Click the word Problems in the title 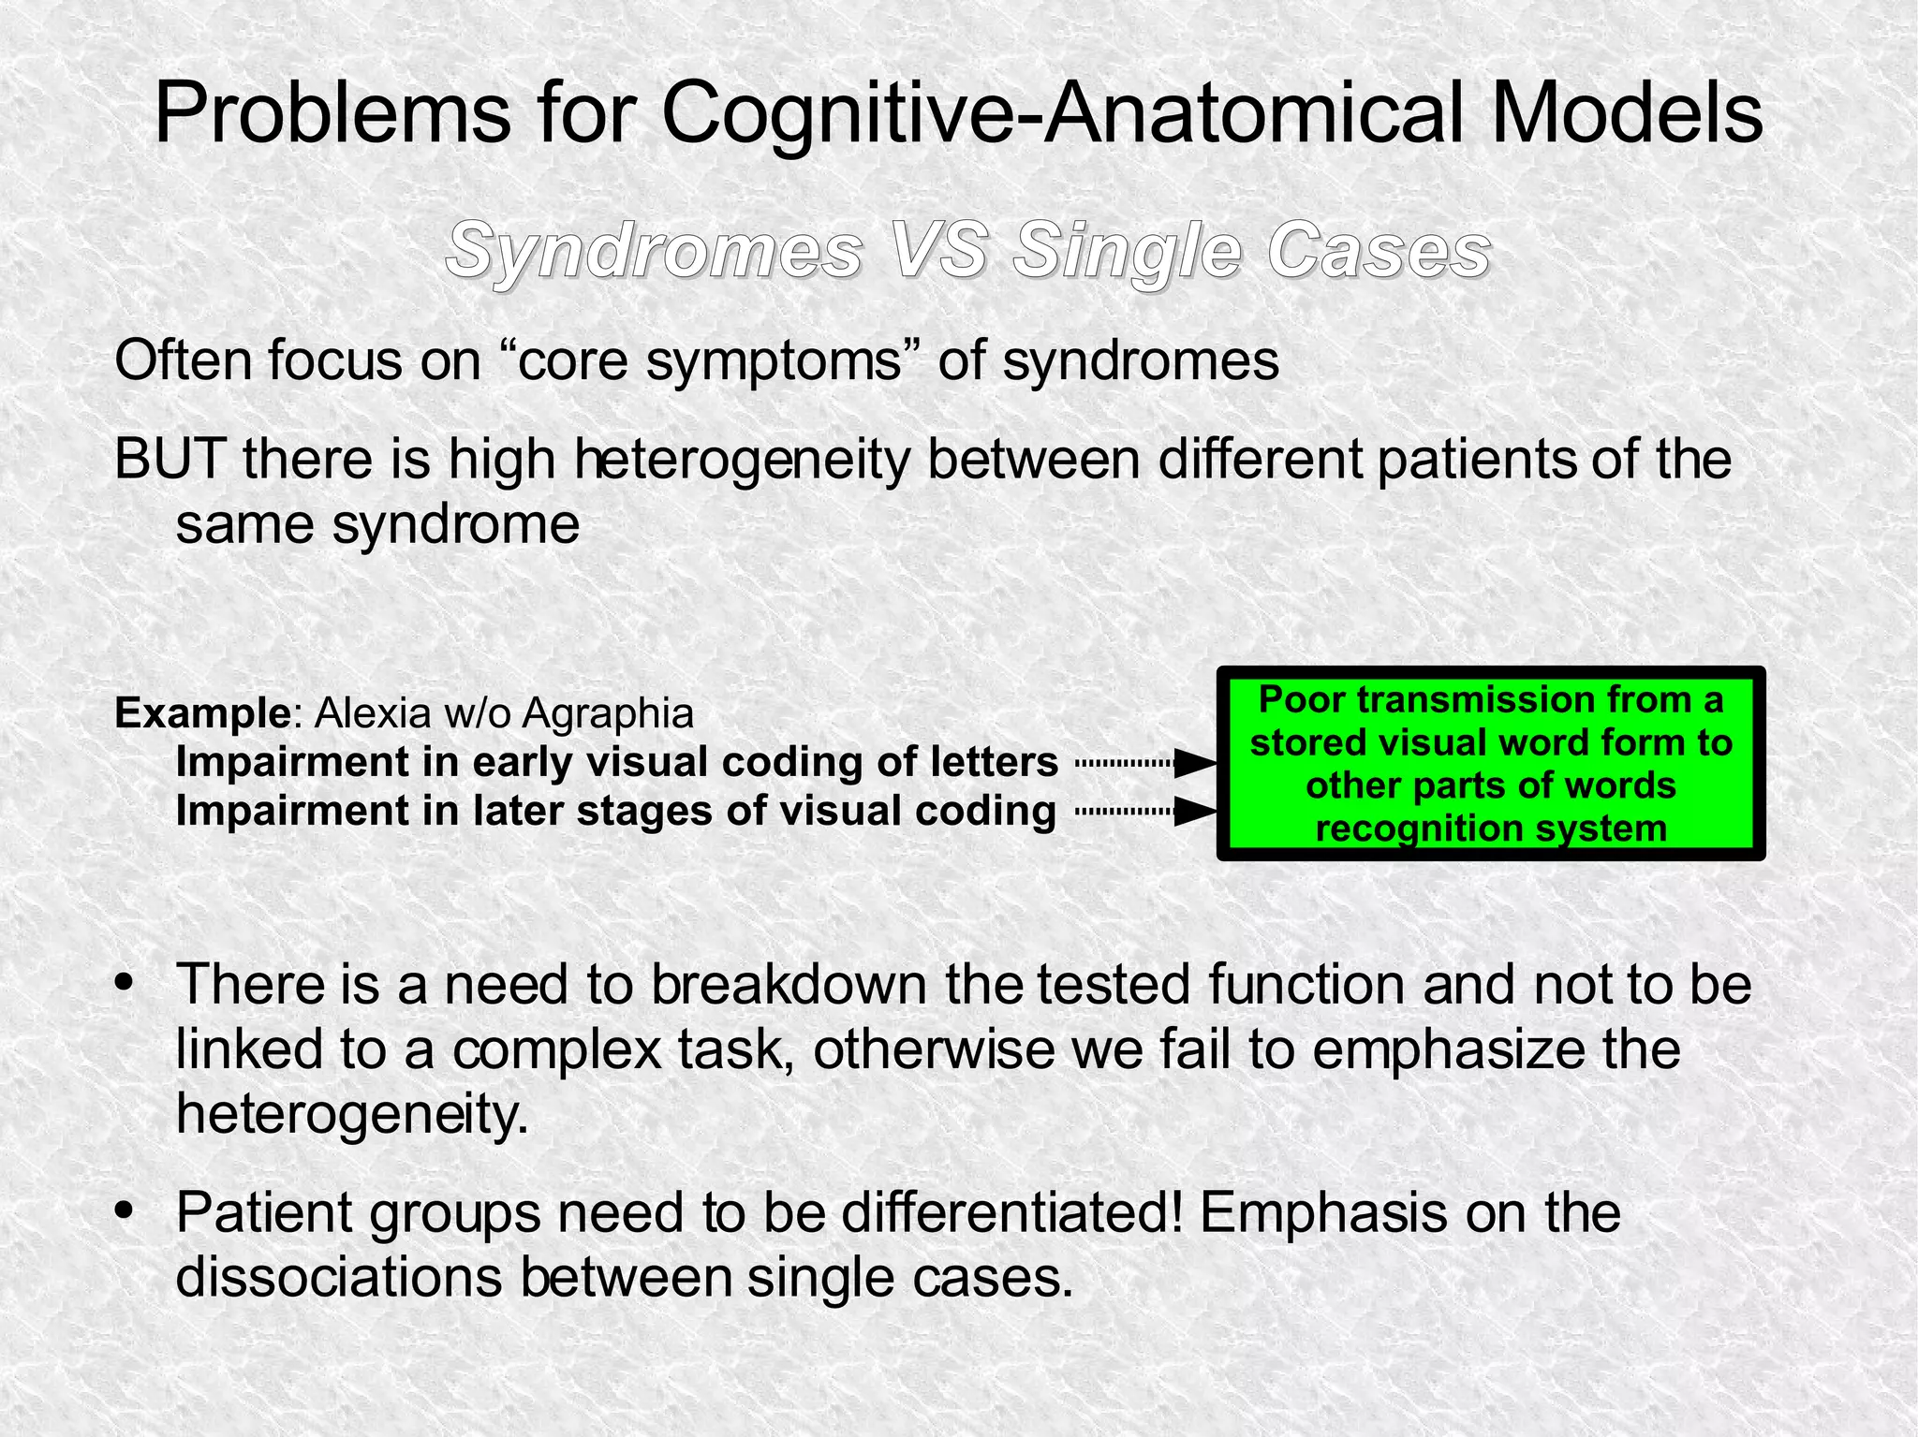[x=332, y=114]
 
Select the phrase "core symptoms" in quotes [x=716, y=360]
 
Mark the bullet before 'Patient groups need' [x=123, y=1212]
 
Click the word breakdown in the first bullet [x=791, y=985]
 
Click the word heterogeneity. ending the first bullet [x=352, y=1113]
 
